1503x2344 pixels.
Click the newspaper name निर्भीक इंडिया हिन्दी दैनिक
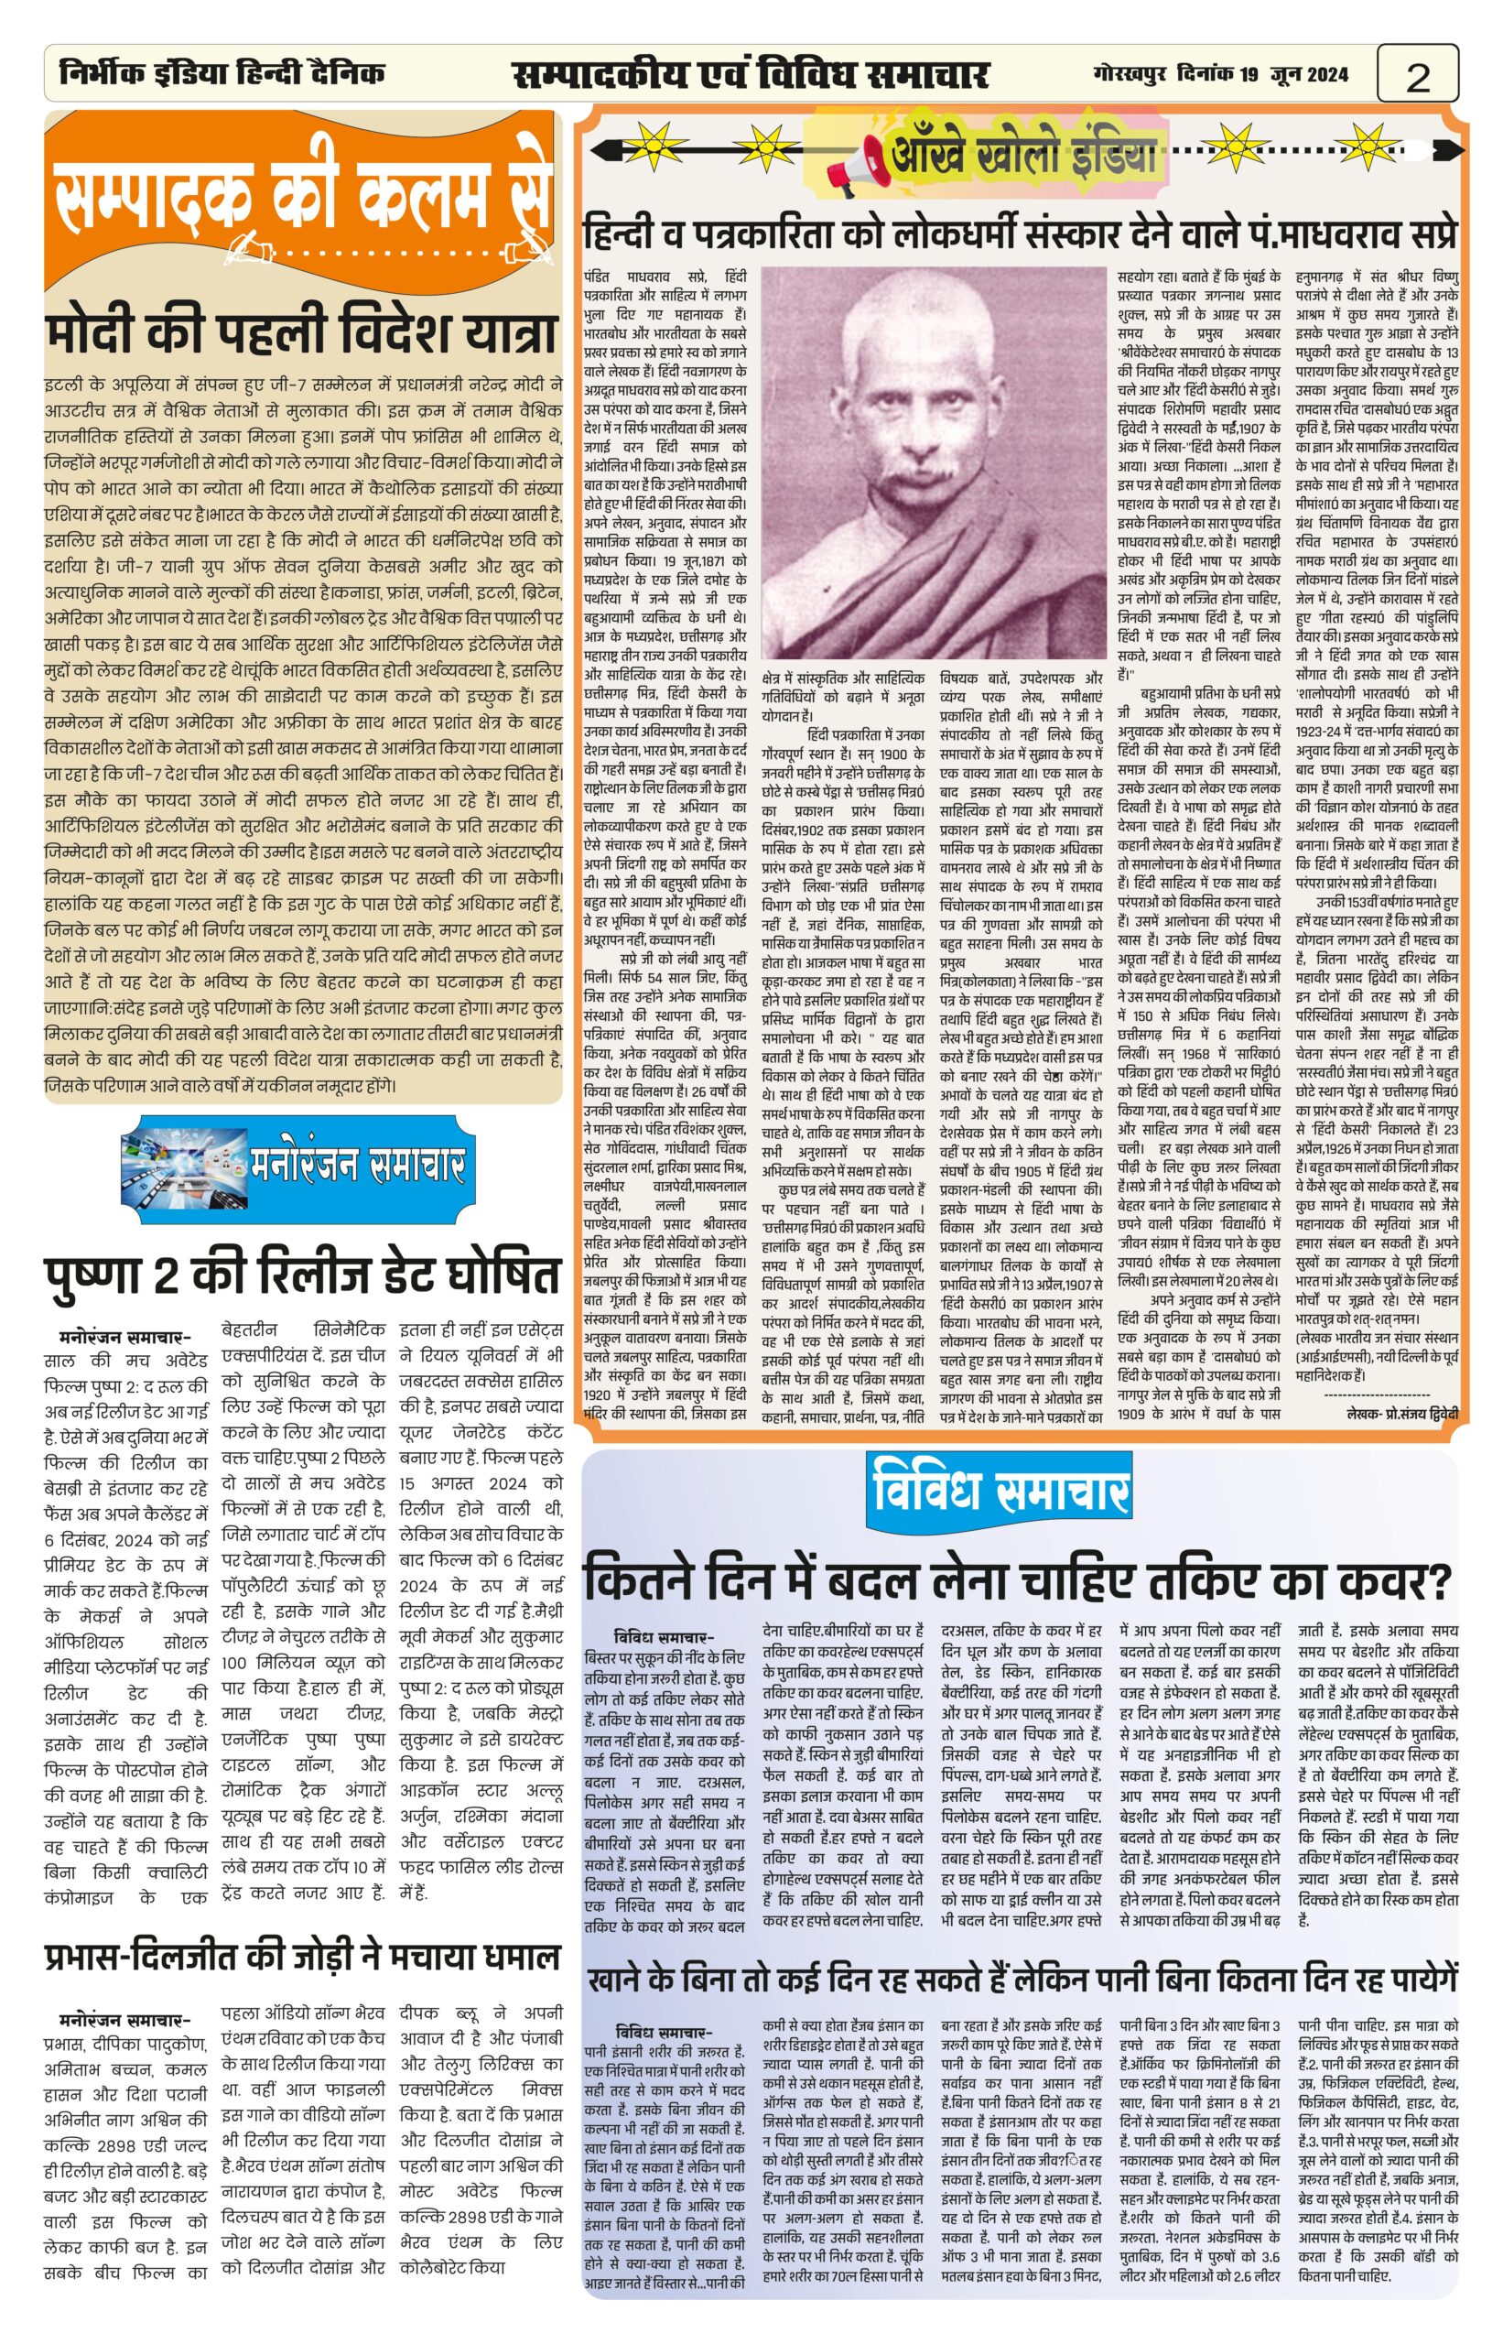[222, 73]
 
